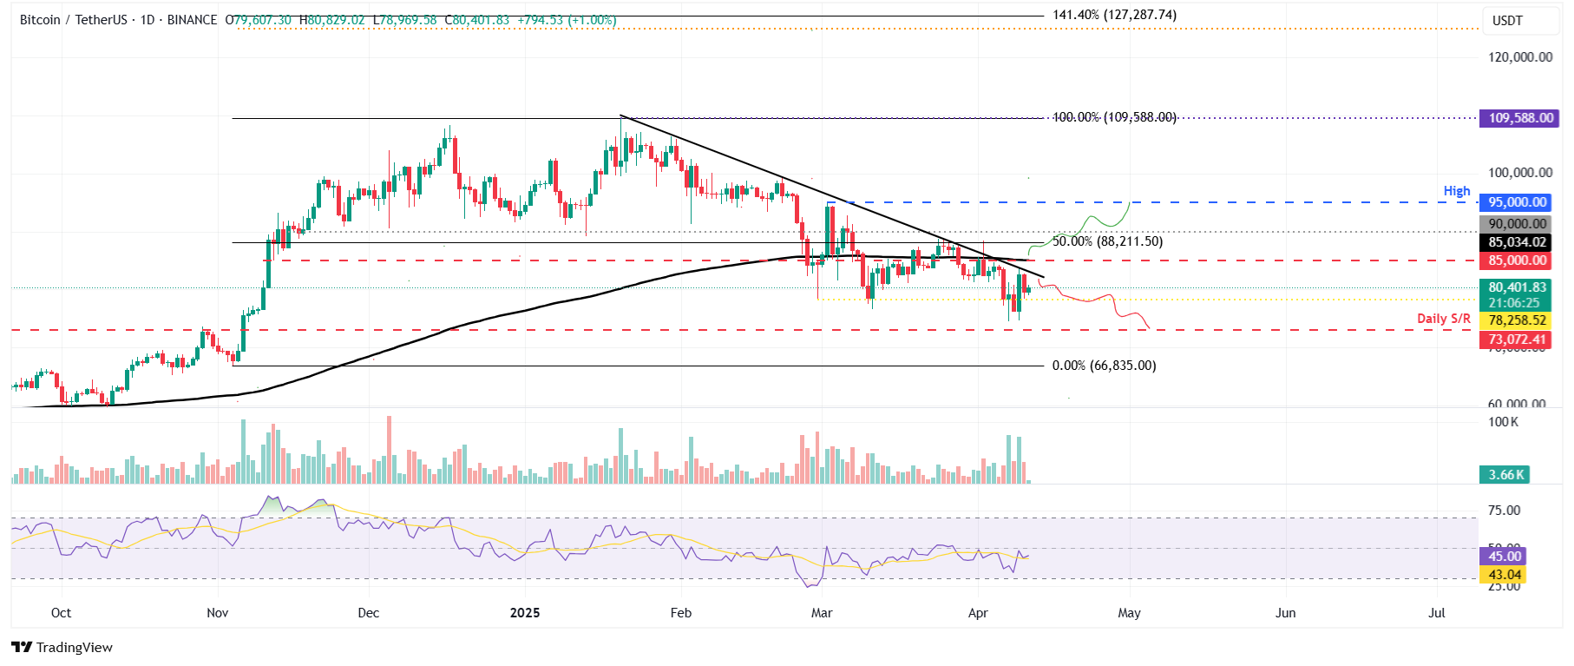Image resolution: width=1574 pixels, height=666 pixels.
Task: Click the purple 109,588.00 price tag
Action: point(1519,118)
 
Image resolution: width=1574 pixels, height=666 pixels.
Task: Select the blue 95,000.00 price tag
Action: point(1517,202)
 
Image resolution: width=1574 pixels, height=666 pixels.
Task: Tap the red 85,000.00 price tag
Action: point(1517,260)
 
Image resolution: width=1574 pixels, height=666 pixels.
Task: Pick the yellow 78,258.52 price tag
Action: point(1517,320)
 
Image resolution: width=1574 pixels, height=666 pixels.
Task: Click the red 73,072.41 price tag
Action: point(1517,340)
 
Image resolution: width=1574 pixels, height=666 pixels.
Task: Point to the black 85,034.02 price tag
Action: point(1517,242)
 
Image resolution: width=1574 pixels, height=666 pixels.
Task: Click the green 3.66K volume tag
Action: point(1505,475)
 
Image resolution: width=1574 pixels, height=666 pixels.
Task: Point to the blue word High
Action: point(1457,191)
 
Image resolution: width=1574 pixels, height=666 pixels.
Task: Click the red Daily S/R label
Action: point(1444,319)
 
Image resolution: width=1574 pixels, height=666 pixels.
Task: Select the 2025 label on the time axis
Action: point(525,613)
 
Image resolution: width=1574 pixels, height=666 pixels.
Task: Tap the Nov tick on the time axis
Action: point(218,613)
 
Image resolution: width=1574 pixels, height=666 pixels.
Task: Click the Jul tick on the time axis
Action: point(1437,613)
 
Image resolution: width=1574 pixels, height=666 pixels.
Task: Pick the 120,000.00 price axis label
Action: point(1520,57)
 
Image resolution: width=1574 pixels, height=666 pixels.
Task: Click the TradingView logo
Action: point(62,648)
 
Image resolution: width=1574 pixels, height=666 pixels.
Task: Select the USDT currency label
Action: point(1507,21)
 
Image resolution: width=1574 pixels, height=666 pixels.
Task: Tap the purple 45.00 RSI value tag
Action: point(1505,557)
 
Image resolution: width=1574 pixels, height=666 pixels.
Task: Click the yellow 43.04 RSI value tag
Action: point(1505,575)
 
